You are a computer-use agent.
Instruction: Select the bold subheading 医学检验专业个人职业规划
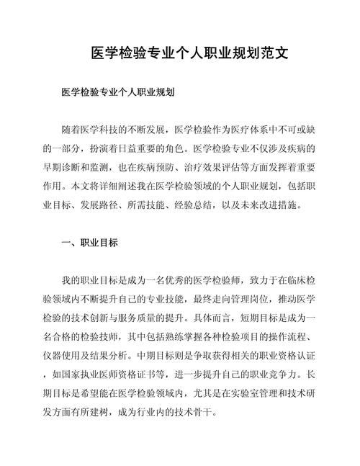click(120, 93)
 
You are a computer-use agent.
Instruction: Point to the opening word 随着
click(73, 130)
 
